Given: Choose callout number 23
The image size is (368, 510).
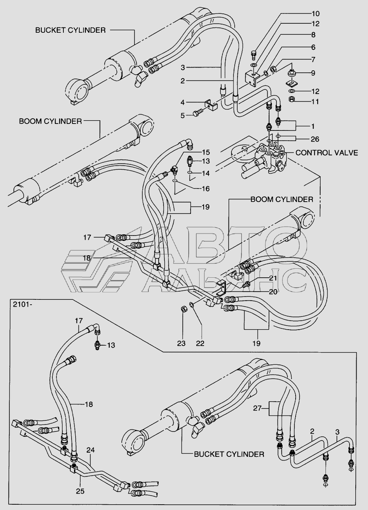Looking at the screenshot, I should coord(181,343).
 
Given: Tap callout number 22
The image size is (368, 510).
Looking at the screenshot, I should coord(200,343).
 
